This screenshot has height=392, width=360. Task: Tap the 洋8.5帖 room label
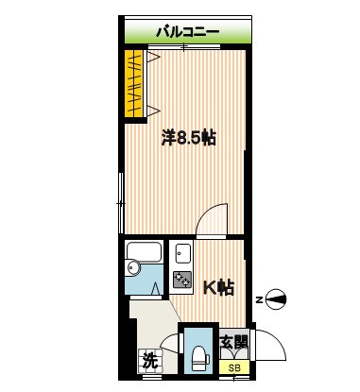pos(188,138)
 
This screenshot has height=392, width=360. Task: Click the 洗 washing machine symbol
pos(148,359)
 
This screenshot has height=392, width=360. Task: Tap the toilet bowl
pos(198,356)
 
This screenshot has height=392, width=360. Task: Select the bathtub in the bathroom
pos(146,252)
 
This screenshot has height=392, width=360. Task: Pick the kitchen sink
pos(181,252)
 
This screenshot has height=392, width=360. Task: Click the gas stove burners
pos(181,279)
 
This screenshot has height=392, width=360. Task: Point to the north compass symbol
pos(276,299)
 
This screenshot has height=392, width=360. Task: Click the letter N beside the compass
pos(259,299)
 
